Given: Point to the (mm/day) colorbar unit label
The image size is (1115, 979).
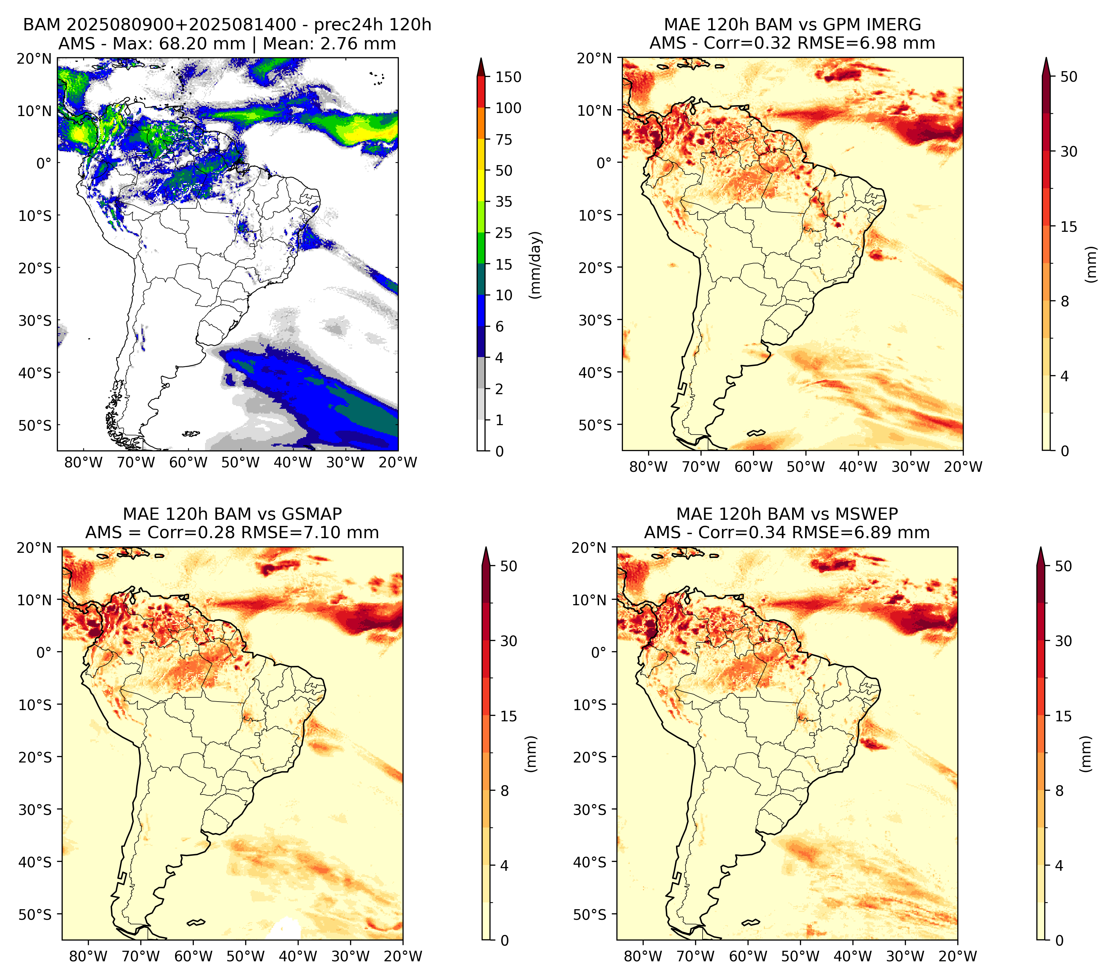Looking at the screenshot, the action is pyautogui.click(x=536, y=265).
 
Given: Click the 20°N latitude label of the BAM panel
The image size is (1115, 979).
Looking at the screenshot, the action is pyautogui.click(x=34, y=58).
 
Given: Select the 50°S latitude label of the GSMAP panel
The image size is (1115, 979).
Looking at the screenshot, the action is pyautogui.click(x=35, y=914).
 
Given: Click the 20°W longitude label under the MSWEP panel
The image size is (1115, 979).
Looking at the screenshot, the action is pyautogui.click(x=958, y=957).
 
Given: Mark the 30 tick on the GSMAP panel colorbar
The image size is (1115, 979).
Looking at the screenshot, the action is pyautogui.click(x=509, y=641).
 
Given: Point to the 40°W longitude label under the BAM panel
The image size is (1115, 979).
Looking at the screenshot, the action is pyautogui.click(x=293, y=463).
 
